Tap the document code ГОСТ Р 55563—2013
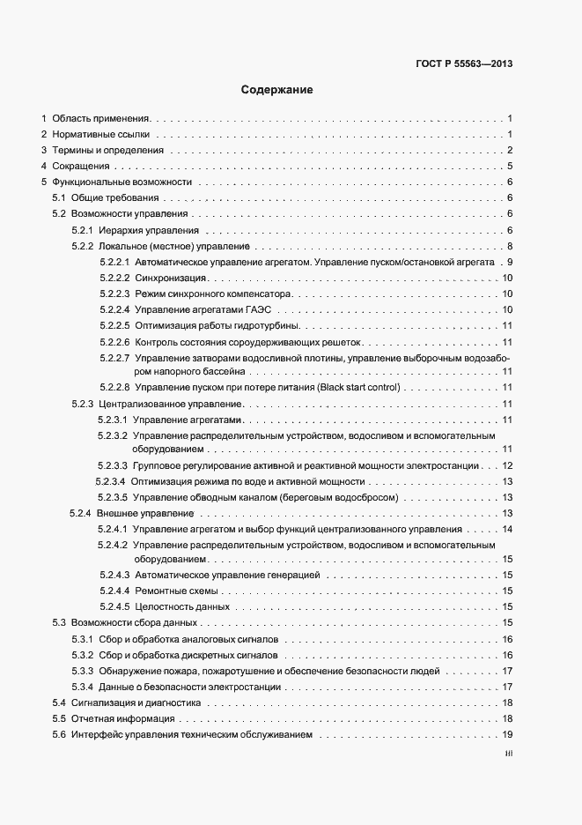(463, 63)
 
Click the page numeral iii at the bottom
(508, 754)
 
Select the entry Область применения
(101, 118)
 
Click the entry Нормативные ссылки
(101, 134)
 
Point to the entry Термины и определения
(107, 150)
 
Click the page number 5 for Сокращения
(510, 166)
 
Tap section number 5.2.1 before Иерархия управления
(83, 230)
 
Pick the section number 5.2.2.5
(114, 325)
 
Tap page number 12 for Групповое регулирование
(507, 465)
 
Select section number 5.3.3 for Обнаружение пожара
(83, 672)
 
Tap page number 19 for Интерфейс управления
(507, 735)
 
